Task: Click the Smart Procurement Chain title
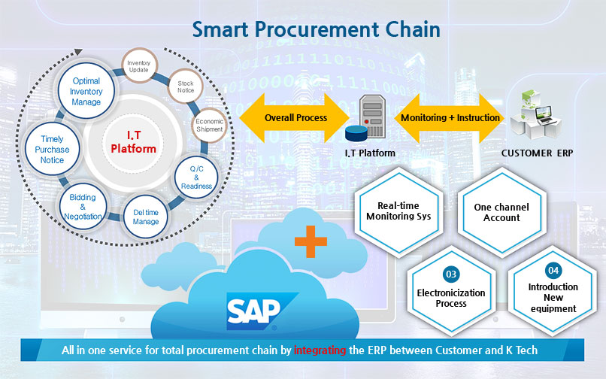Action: click(x=316, y=29)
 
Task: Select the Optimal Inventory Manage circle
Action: click(x=86, y=91)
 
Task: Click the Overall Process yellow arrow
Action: click(x=295, y=118)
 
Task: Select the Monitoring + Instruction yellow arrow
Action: click(x=450, y=118)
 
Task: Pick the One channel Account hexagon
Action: click(x=501, y=212)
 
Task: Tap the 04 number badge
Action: click(x=553, y=269)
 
